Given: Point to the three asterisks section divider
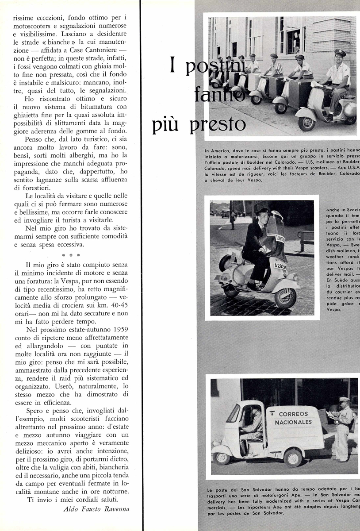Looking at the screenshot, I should [71, 255].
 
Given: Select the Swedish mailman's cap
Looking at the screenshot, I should [264, 212].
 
